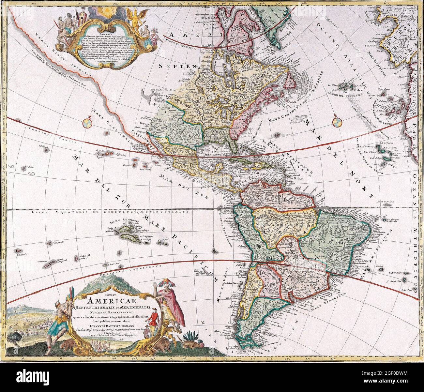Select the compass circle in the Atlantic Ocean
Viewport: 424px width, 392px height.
[x=337, y=122]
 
